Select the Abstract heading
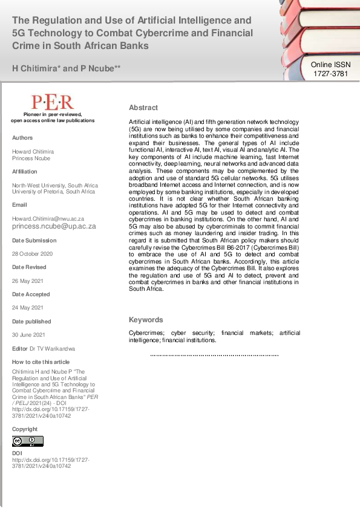pyautogui.click(x=143, y=108)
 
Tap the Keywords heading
pyautogui.click(x=146, y=320)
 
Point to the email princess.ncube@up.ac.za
pyautogui.click(x=54, y=226)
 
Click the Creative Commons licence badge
pyautogui.click(x=28, y=441)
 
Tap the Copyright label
pyautogui.click(x=25, y=429)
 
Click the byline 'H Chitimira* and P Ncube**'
pyautogui.click(x=67, y=68)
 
